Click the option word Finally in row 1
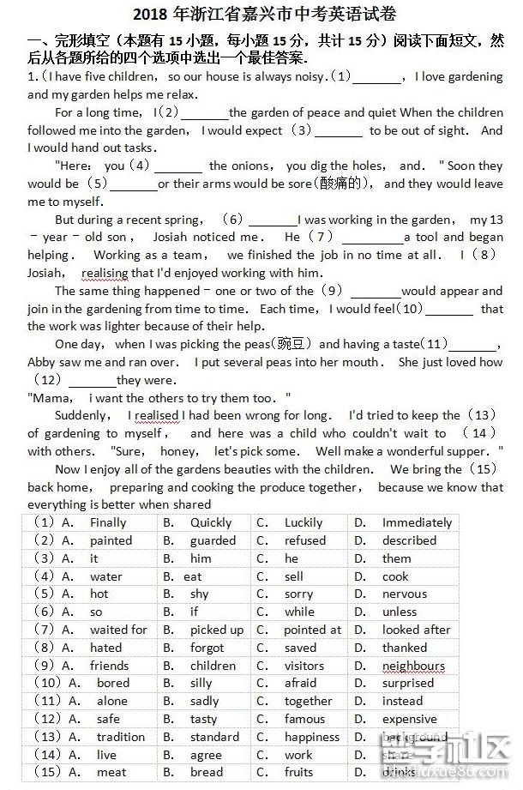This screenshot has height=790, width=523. pos(108,522)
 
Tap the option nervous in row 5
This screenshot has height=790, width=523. pos(405,594)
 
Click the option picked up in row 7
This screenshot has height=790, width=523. pos(217,630)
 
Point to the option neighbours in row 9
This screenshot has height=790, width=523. pos(413,666)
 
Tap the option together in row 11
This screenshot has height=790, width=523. pos(309,701)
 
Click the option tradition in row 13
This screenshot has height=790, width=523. pos(121,737)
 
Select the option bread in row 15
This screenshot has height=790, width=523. pos(206,772)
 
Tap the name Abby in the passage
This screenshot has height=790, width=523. pos(41,362)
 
